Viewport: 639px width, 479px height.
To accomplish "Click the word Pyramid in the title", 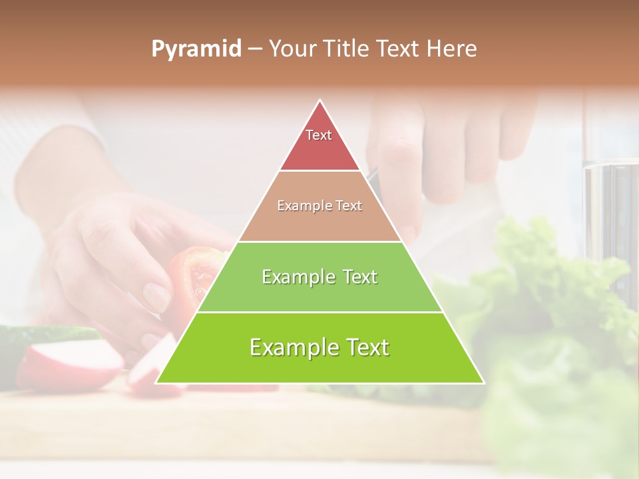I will [196, 49].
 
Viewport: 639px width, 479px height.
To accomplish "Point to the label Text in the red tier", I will [319, 135].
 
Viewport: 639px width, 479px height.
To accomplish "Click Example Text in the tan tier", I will [319, 206].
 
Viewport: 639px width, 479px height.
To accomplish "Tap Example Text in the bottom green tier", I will [319, 347].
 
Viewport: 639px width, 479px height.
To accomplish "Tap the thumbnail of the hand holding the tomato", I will [157, 297].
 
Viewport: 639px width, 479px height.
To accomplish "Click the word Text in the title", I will [399, 49].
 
